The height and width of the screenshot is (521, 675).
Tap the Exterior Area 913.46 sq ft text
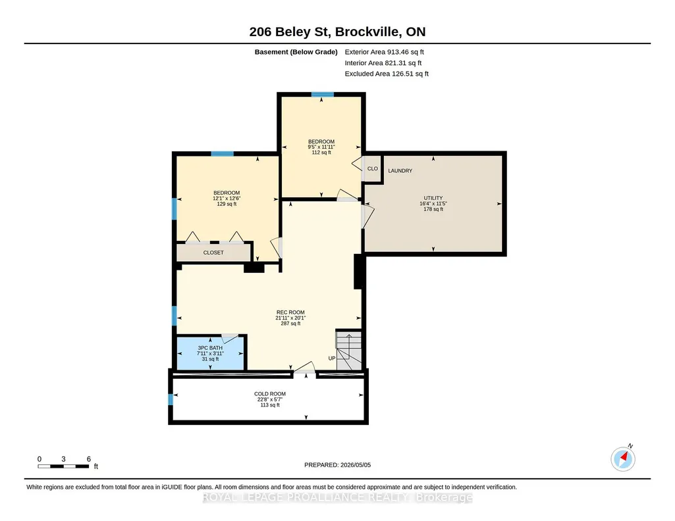pyautogui.click(x=384, y=52)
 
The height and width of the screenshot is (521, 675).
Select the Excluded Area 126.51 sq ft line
pyautogui.click(x=387, y=74)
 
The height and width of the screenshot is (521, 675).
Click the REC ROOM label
pyautogui.click(x=290, y=312)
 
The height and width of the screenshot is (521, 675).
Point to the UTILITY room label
pyautogui.click(x=433, y=198)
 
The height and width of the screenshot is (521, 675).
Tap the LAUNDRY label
pyautogui.click(x=400, y=170)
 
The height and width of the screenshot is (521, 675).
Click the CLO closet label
pyautogui.click(x=372, y=168)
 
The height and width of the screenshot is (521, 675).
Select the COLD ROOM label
pyautogui.click(x=270, y=394)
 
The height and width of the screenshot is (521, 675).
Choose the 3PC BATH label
pyautogui.click(x=210, y=348)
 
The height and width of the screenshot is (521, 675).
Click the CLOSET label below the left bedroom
pyautogui.click(x=213, y=253)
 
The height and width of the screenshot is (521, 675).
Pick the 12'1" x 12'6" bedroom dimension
pyautogui.click(x=227, y=199)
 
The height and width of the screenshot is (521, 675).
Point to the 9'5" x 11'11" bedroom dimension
pyautogui.click(x=321, y=147)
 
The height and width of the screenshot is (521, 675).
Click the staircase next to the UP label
pyautogui.click(x=348, y=351)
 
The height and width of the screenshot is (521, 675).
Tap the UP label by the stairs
pyautogui.click(x=332, y=358)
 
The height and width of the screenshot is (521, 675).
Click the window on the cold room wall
pyautogui.click(x=171, y=399)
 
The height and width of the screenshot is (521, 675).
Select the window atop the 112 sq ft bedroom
pyautogui.click(x=323, y=95)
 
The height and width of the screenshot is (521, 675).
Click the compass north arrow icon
pyautogui.click(x=624, y=459)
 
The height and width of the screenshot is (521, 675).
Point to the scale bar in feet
pyautogui.click(x=64, y=466)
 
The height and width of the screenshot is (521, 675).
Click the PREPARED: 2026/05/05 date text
pyautogui.click(x=337, y=464)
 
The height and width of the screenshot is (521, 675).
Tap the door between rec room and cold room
pyautogui.click(x=304, y=368)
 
